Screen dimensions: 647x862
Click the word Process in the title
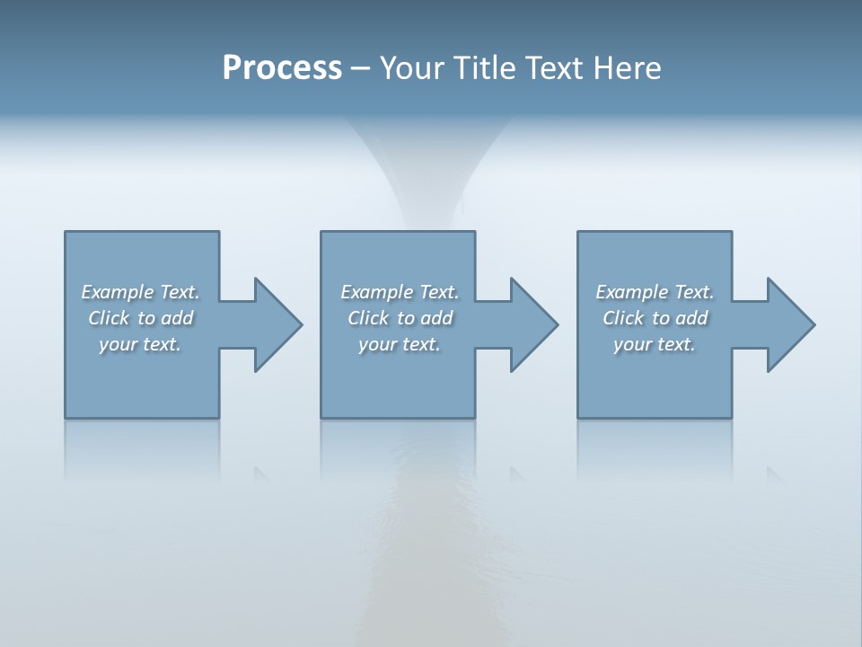tap(282, 67)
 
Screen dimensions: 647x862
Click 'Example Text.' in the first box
tap(140, 292)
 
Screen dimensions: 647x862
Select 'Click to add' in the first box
tap(140, 318)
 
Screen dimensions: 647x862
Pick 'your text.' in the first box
tap(140, 344)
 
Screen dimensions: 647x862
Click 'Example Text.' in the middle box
tap(400, 292)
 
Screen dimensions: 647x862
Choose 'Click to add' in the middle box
tap(400, 318)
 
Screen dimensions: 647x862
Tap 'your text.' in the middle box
tap(400, 344)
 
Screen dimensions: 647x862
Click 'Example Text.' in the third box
tap(655, 292)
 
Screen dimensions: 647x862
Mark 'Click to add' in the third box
tap(655, 318)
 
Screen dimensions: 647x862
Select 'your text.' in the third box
tap(655, 344)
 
